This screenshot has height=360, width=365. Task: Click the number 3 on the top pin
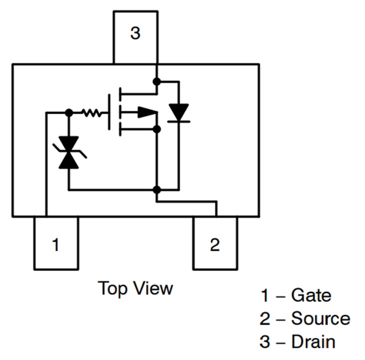(135, 33)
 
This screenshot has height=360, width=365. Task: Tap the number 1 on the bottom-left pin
(55, 246)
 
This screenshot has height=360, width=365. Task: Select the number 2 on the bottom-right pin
(215, 245)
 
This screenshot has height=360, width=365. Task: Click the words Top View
(135, 288)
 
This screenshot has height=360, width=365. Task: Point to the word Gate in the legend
(311, 296)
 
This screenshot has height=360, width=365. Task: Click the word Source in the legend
(321, 319)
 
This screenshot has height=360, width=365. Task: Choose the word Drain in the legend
(313, 341)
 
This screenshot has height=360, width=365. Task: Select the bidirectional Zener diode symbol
(68, 152)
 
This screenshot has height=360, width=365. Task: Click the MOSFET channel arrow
(146, 112)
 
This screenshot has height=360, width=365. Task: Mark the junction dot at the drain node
(156, 81)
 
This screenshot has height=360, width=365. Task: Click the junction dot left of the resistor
(69, 112)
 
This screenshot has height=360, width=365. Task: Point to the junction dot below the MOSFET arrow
(156, 129)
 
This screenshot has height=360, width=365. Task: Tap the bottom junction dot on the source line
(156, 190)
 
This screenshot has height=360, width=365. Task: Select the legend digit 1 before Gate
(265, 296)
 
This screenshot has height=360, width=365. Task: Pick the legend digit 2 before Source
(265, 319)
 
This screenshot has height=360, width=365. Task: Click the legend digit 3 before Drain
(265, 341)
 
